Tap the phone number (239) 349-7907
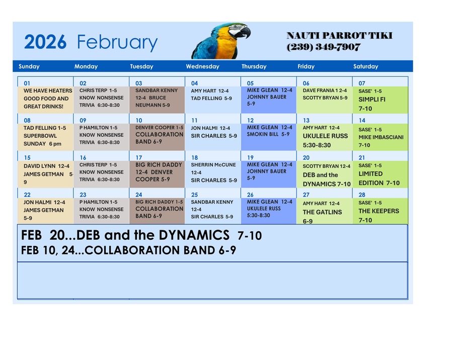pyautogui.click(x=324, y=47)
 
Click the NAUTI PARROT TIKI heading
pyautogui.click(x=339, y=36)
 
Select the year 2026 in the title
pyautogui.click(x=45, y=43)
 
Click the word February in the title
pyautogui.click(x=117, y=43)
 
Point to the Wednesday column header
pyautogui.click(x=202, y=66)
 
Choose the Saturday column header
pyautogui.click(x=365, y=66)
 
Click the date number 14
pyautogui.click(x=362, y=121)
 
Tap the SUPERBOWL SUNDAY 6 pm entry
pyautogui.click(x=42, y=140)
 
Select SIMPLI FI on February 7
pyautogui.click(x=372, y=100)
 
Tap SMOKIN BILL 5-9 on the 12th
pyautogui.click(x=268, y=134)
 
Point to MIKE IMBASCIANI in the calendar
pyautogui.click(x=380, y=137)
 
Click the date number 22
pyautogui.click(x=27, y=195)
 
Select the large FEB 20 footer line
pyautogui.click(x=141, y=235)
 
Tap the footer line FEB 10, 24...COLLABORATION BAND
pyautogui.click(x=128, y=250)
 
